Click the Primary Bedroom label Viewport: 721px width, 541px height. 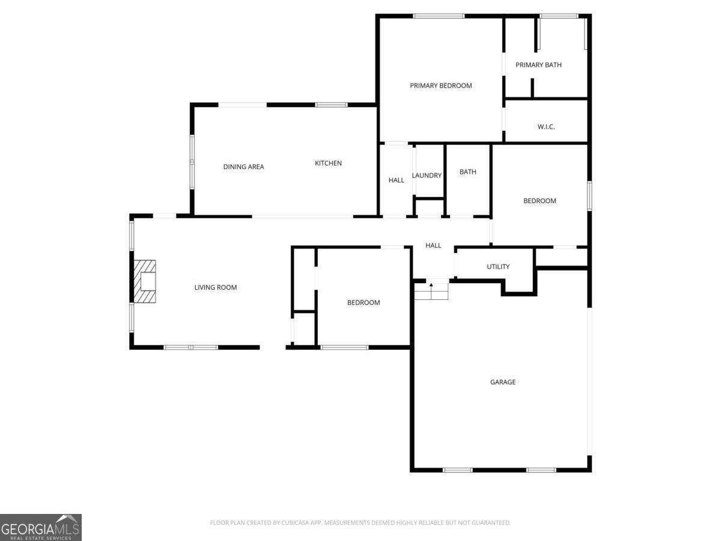tap(440, 85)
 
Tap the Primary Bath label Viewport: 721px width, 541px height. tap(538, 65)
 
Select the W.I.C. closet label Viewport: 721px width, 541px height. tap(546, 127)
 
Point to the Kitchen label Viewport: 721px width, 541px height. tap(328, 163)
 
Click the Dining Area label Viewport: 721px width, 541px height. tap(243, 167)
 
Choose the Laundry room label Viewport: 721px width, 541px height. tap(427, 176)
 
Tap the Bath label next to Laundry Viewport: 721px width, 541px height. tap(467, 172)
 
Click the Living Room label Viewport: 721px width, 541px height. tap(215, 287)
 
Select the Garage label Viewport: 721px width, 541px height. tap(502, 382)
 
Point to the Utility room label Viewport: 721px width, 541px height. tap(498, 266)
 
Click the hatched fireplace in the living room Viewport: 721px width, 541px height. tap(144, 281)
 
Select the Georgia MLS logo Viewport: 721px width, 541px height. tap(41, 527)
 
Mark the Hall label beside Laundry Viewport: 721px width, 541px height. tap(396, 180)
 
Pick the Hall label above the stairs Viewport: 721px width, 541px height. tap(433, 245)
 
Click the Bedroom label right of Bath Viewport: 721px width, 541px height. tap(539, 201)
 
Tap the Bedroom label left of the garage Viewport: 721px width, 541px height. tap(364, 302)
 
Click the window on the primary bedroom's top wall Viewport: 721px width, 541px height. tap(439, 16)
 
